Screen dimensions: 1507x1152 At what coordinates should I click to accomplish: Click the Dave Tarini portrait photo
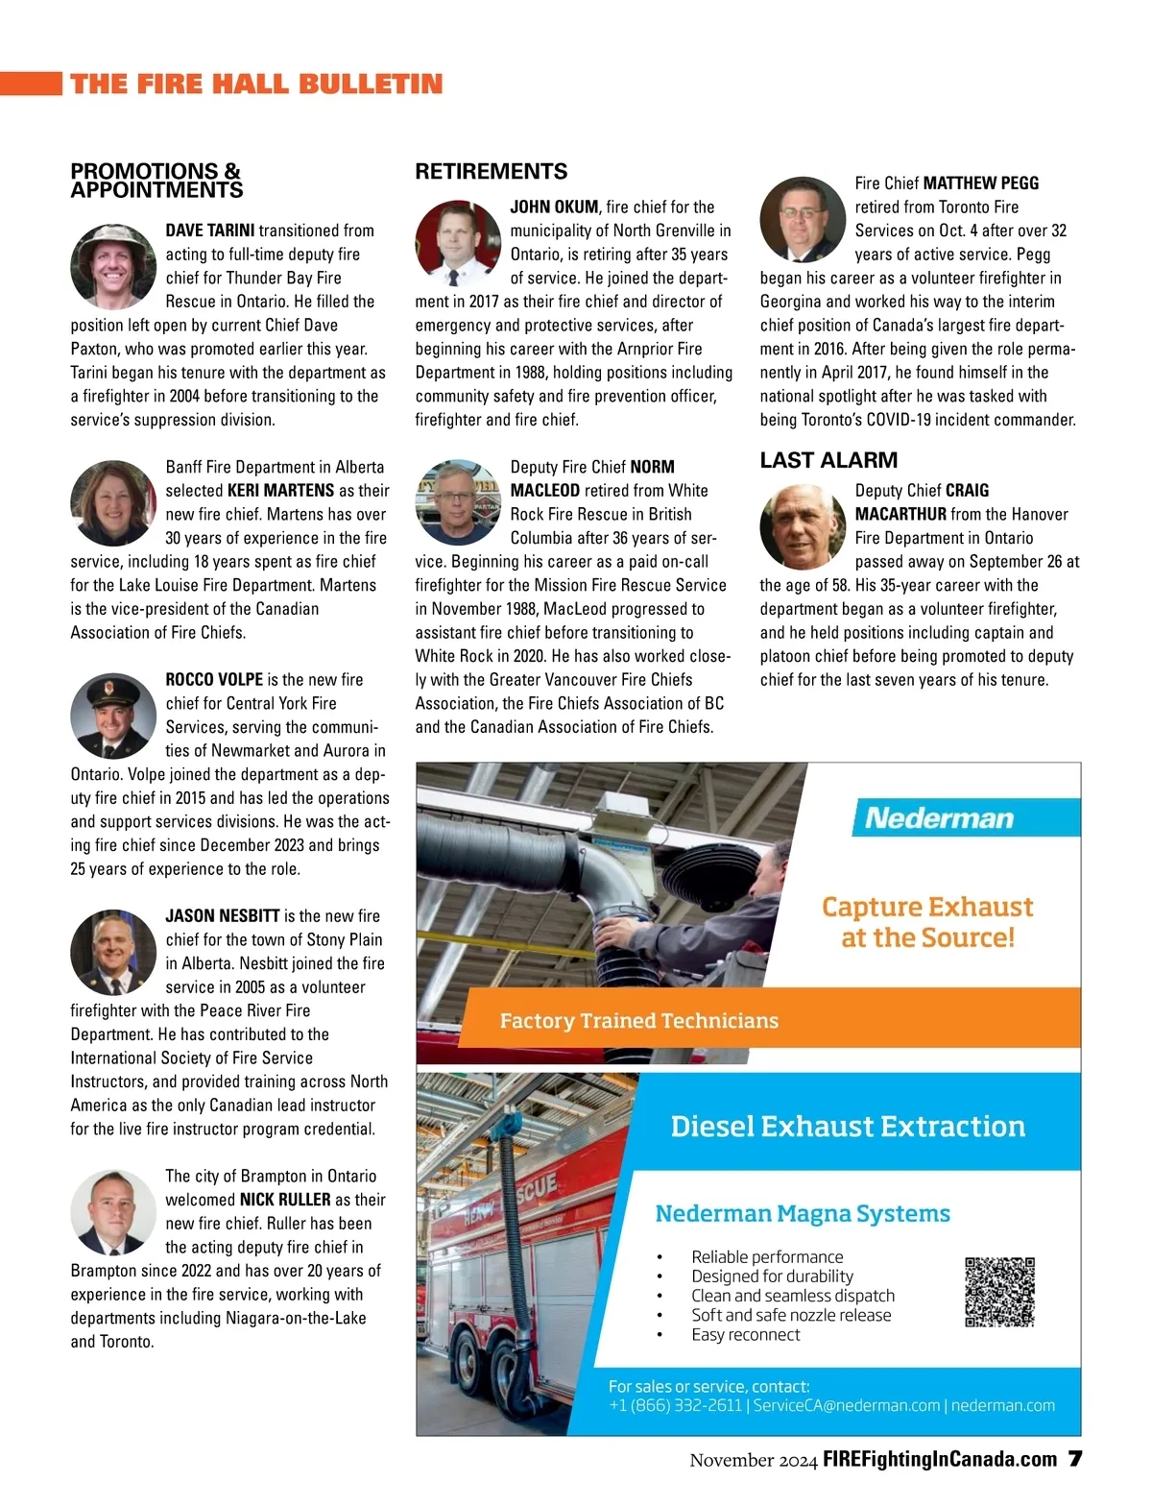[113, 267]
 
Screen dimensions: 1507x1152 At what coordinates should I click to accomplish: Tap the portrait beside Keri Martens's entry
[113, 503]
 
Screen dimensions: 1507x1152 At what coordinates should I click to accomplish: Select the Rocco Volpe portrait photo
[113, 716]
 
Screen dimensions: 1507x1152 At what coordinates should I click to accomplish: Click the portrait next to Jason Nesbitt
[113, 952]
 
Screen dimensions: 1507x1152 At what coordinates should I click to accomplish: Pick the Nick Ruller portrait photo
[113, 1212]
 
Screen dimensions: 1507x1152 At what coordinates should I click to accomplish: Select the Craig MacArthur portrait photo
[803, 526]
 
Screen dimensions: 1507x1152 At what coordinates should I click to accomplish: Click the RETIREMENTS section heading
[491, 172]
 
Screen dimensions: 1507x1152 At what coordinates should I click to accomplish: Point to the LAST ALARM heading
[828, 460]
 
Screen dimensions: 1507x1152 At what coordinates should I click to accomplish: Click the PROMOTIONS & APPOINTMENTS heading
[156, 181]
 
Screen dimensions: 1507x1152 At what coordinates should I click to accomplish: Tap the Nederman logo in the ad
[939, 818]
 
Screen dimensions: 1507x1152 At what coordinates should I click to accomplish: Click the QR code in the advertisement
[999, 1292]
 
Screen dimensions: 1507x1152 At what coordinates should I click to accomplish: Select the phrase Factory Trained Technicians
[638, 1020]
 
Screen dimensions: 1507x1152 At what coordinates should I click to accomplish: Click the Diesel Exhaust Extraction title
[848, 1126]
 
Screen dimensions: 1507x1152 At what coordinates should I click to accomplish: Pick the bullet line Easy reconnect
[745, 1334]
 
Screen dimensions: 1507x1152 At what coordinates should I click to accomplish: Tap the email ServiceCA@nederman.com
[846, 1405]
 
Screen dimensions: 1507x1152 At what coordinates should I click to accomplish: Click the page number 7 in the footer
[1075, 1459]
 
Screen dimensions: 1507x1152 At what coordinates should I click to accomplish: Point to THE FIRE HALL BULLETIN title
[256, 84]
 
